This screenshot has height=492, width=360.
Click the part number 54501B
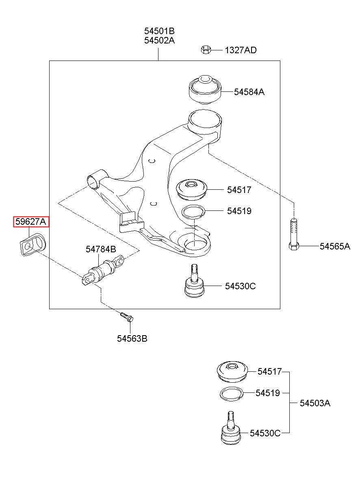tap(159, 31)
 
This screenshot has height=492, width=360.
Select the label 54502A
tap(159, 41)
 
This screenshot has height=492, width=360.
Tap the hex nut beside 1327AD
tap(206, 50)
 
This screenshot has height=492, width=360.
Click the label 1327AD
tap(241, 50)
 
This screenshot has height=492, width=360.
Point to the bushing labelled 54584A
tap(205, 90)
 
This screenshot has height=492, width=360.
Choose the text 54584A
tap(249, 92)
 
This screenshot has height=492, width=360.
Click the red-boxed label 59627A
tap(31, 221)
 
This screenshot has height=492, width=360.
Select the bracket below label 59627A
tap(33, 245)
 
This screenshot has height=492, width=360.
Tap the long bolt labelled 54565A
tap(294, 234)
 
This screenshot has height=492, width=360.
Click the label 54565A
tap(335, 246)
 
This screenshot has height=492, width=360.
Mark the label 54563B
tap(132, 338)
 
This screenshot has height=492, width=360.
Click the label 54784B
tap(101, 249)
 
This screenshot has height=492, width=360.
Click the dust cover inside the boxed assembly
tap(192, 190)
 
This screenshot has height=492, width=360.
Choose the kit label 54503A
tap(315, 403)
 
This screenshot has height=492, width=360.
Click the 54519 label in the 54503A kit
tap(267, 393)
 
